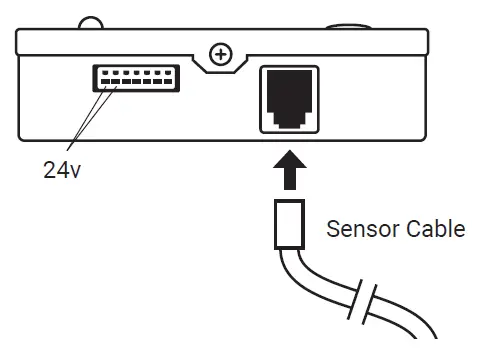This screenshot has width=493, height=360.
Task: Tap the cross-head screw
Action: point(217,53)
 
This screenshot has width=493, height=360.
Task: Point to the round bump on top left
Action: point(92,22)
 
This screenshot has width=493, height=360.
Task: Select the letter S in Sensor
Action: point(333,229)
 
